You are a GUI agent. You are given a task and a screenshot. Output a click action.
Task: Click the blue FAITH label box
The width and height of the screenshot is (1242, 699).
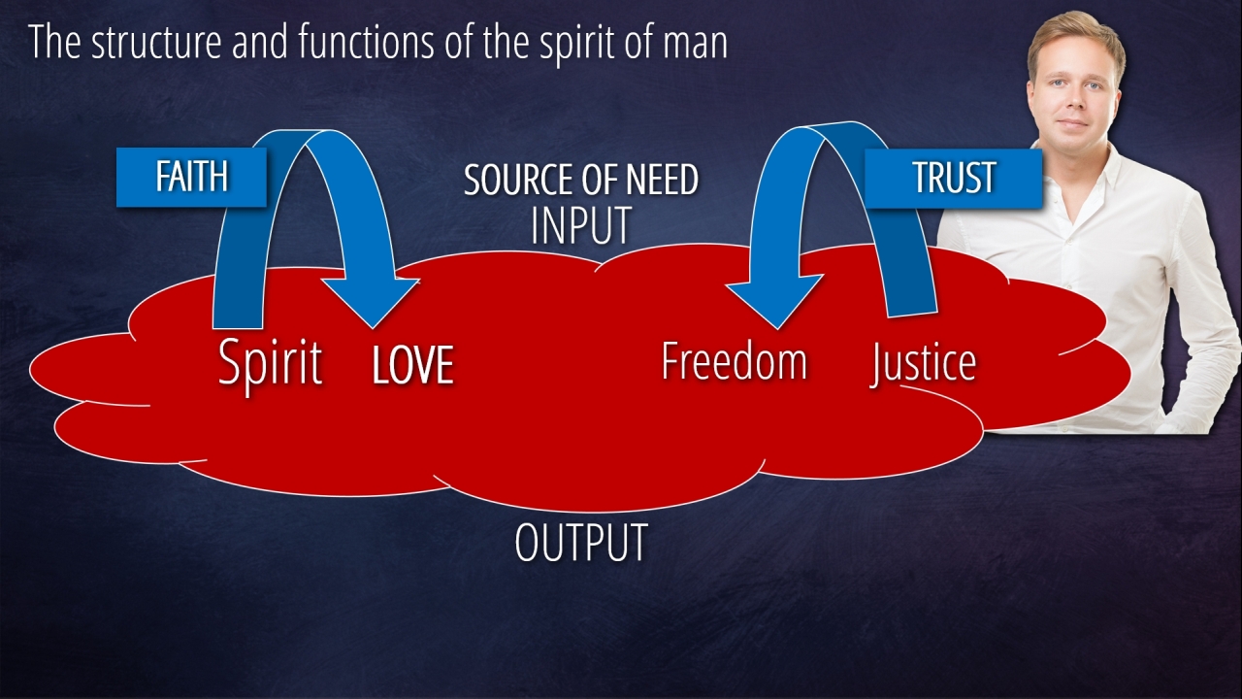coord(191,177)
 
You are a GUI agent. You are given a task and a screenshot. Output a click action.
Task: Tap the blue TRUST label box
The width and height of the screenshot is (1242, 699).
coord(953,178)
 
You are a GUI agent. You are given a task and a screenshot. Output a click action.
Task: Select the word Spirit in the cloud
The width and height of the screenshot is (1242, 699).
coord(270,363)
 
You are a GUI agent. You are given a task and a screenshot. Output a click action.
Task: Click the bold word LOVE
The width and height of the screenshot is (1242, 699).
coord(412,366)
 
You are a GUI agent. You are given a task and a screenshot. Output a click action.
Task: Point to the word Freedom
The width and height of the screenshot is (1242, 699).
coord(734,361)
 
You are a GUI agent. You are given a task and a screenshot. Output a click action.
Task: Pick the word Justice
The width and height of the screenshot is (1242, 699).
coord(923,363)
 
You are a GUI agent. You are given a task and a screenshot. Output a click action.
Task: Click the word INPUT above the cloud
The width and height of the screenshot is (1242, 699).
coord(580,225)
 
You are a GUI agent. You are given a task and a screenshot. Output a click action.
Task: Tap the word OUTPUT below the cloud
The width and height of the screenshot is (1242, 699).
coord(580,543)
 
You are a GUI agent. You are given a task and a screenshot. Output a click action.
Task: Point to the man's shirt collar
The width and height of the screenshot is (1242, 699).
coord(1116,165)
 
